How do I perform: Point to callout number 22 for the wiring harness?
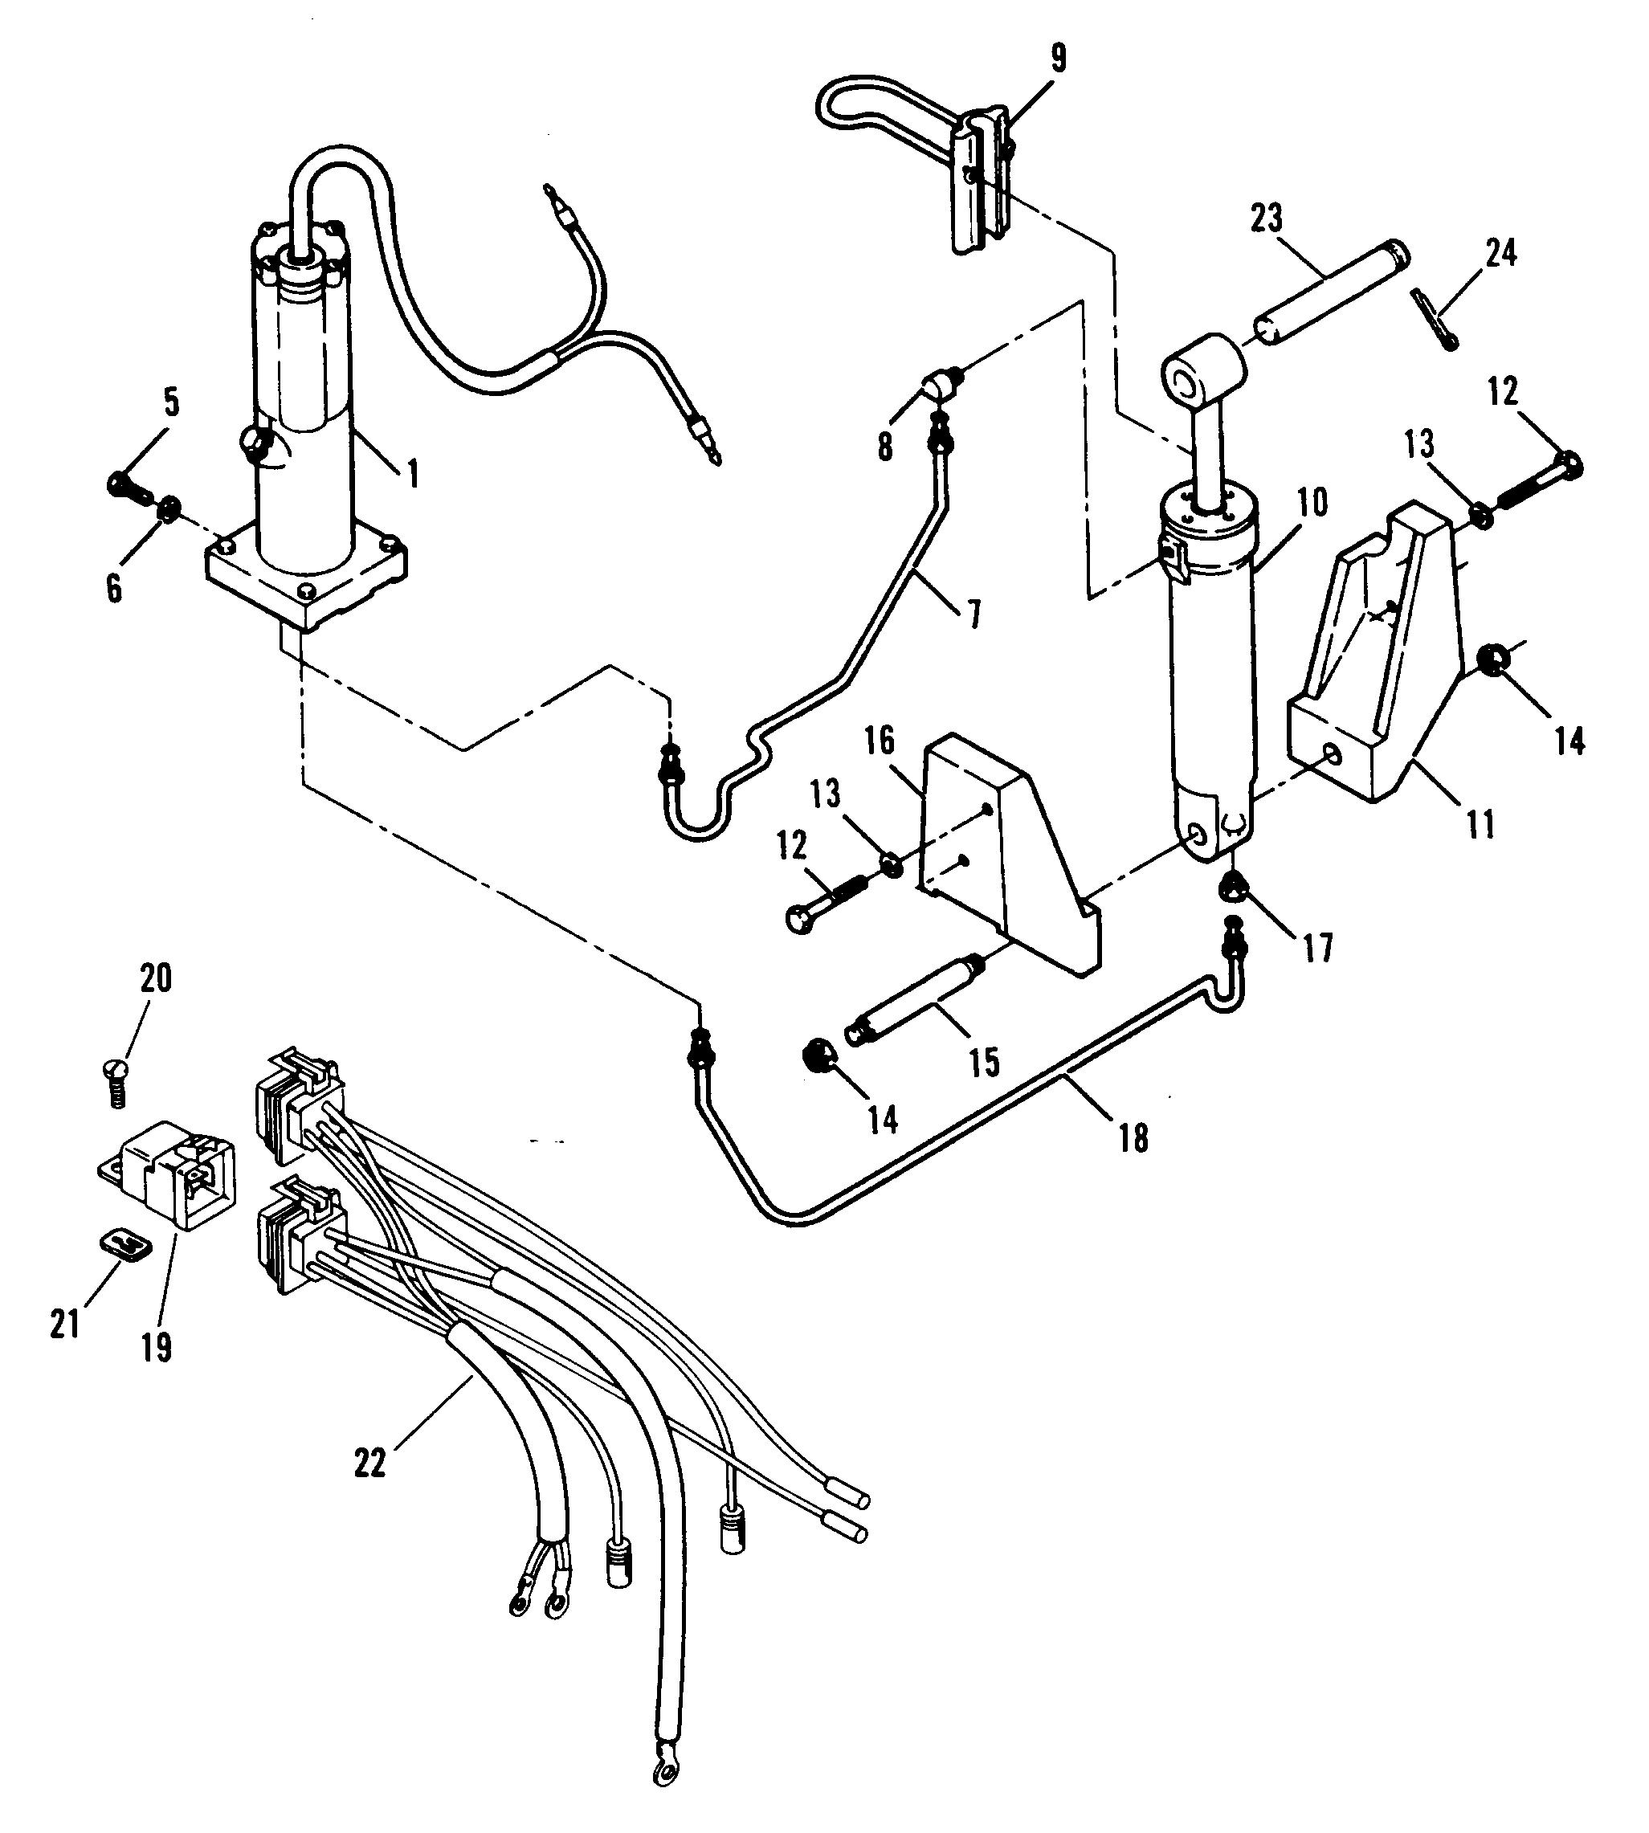point(369,1463)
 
